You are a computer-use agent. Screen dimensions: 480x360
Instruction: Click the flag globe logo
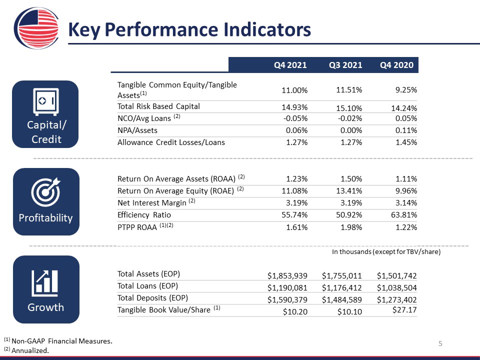click(x=36, y=28)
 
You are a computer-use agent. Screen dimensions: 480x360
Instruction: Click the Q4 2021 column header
click(x=290, y=65)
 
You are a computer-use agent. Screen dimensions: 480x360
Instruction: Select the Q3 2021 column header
click(x=345, y=65)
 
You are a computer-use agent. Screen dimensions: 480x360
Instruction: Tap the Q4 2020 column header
click(x=396, y=65)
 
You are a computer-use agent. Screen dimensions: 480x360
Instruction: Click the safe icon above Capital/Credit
click(x=45, y=102)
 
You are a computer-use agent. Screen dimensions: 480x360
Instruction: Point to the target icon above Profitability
click(x=45, y=192)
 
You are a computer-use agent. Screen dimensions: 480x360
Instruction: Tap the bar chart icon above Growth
click(x=44, y=283)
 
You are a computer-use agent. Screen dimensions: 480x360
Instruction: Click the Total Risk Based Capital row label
click(x=158, y=106)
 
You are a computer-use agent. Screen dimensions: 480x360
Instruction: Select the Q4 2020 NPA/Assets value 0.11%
click(x=406, y=130)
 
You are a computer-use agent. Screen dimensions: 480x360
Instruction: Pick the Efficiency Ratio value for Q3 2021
click(x=349, y=215)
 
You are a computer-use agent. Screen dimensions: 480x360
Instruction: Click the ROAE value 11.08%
click(x=294, y=191)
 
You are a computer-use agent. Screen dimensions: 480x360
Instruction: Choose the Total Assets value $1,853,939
click(x=287, y=276)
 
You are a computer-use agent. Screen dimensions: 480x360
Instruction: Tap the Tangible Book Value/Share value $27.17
click(x=404, y=310)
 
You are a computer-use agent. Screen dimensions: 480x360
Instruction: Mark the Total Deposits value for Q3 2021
click(x=341, y=299)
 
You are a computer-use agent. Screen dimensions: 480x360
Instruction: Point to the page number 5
click(x=440, y=343)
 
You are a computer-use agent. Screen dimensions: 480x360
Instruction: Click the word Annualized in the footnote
click(x=30, y=350)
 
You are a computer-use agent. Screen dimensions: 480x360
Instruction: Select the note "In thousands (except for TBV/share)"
click(x=386, y=251)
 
